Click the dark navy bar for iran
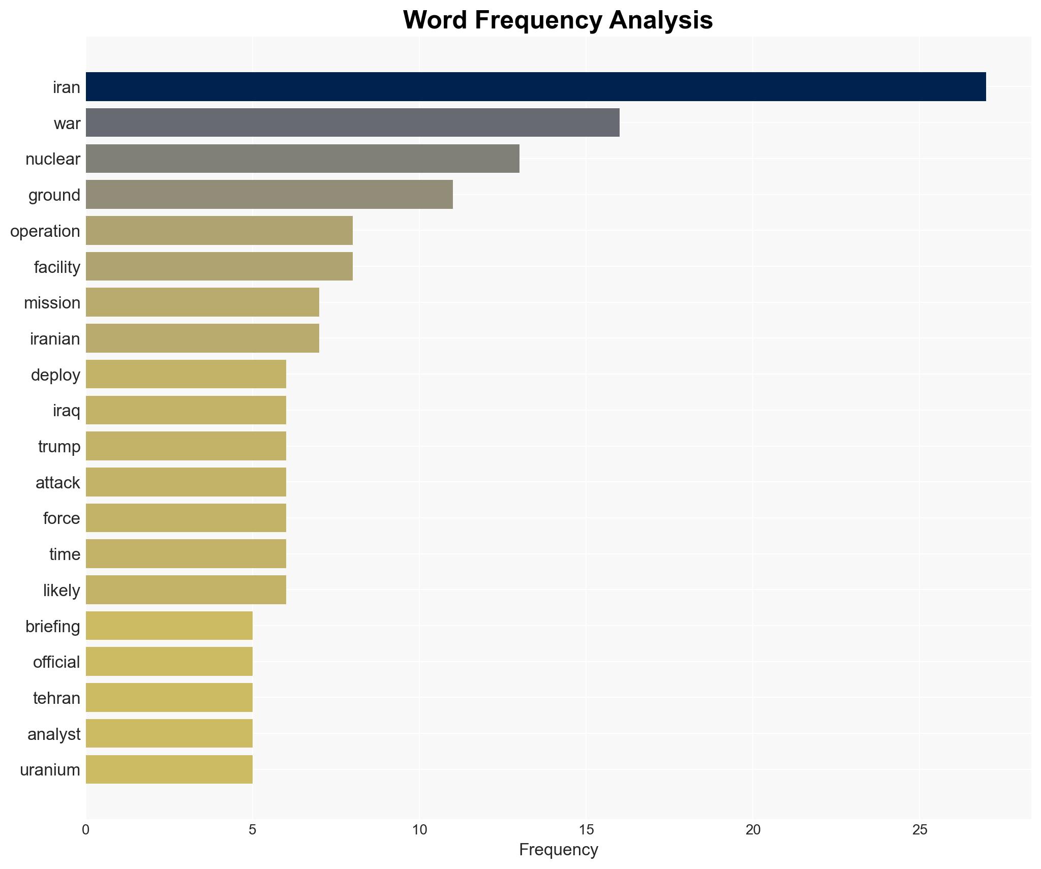[535, 87]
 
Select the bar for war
[352, 122]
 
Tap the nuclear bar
[302, 159]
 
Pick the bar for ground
[269, 195]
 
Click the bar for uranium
[169, 769]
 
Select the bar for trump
[186, 446]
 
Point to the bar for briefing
[169, 626]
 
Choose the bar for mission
[202, 302]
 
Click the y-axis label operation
[45, 231]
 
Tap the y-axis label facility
[57, 267]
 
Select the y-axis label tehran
[56, 698]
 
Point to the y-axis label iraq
[67, 411]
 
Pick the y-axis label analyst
[54, 734]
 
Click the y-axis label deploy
[55, 375]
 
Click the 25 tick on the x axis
[920, 830]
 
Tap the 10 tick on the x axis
[419, 830]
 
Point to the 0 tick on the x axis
[86, 830]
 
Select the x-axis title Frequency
[558, 850]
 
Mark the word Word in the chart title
[435, 20]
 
